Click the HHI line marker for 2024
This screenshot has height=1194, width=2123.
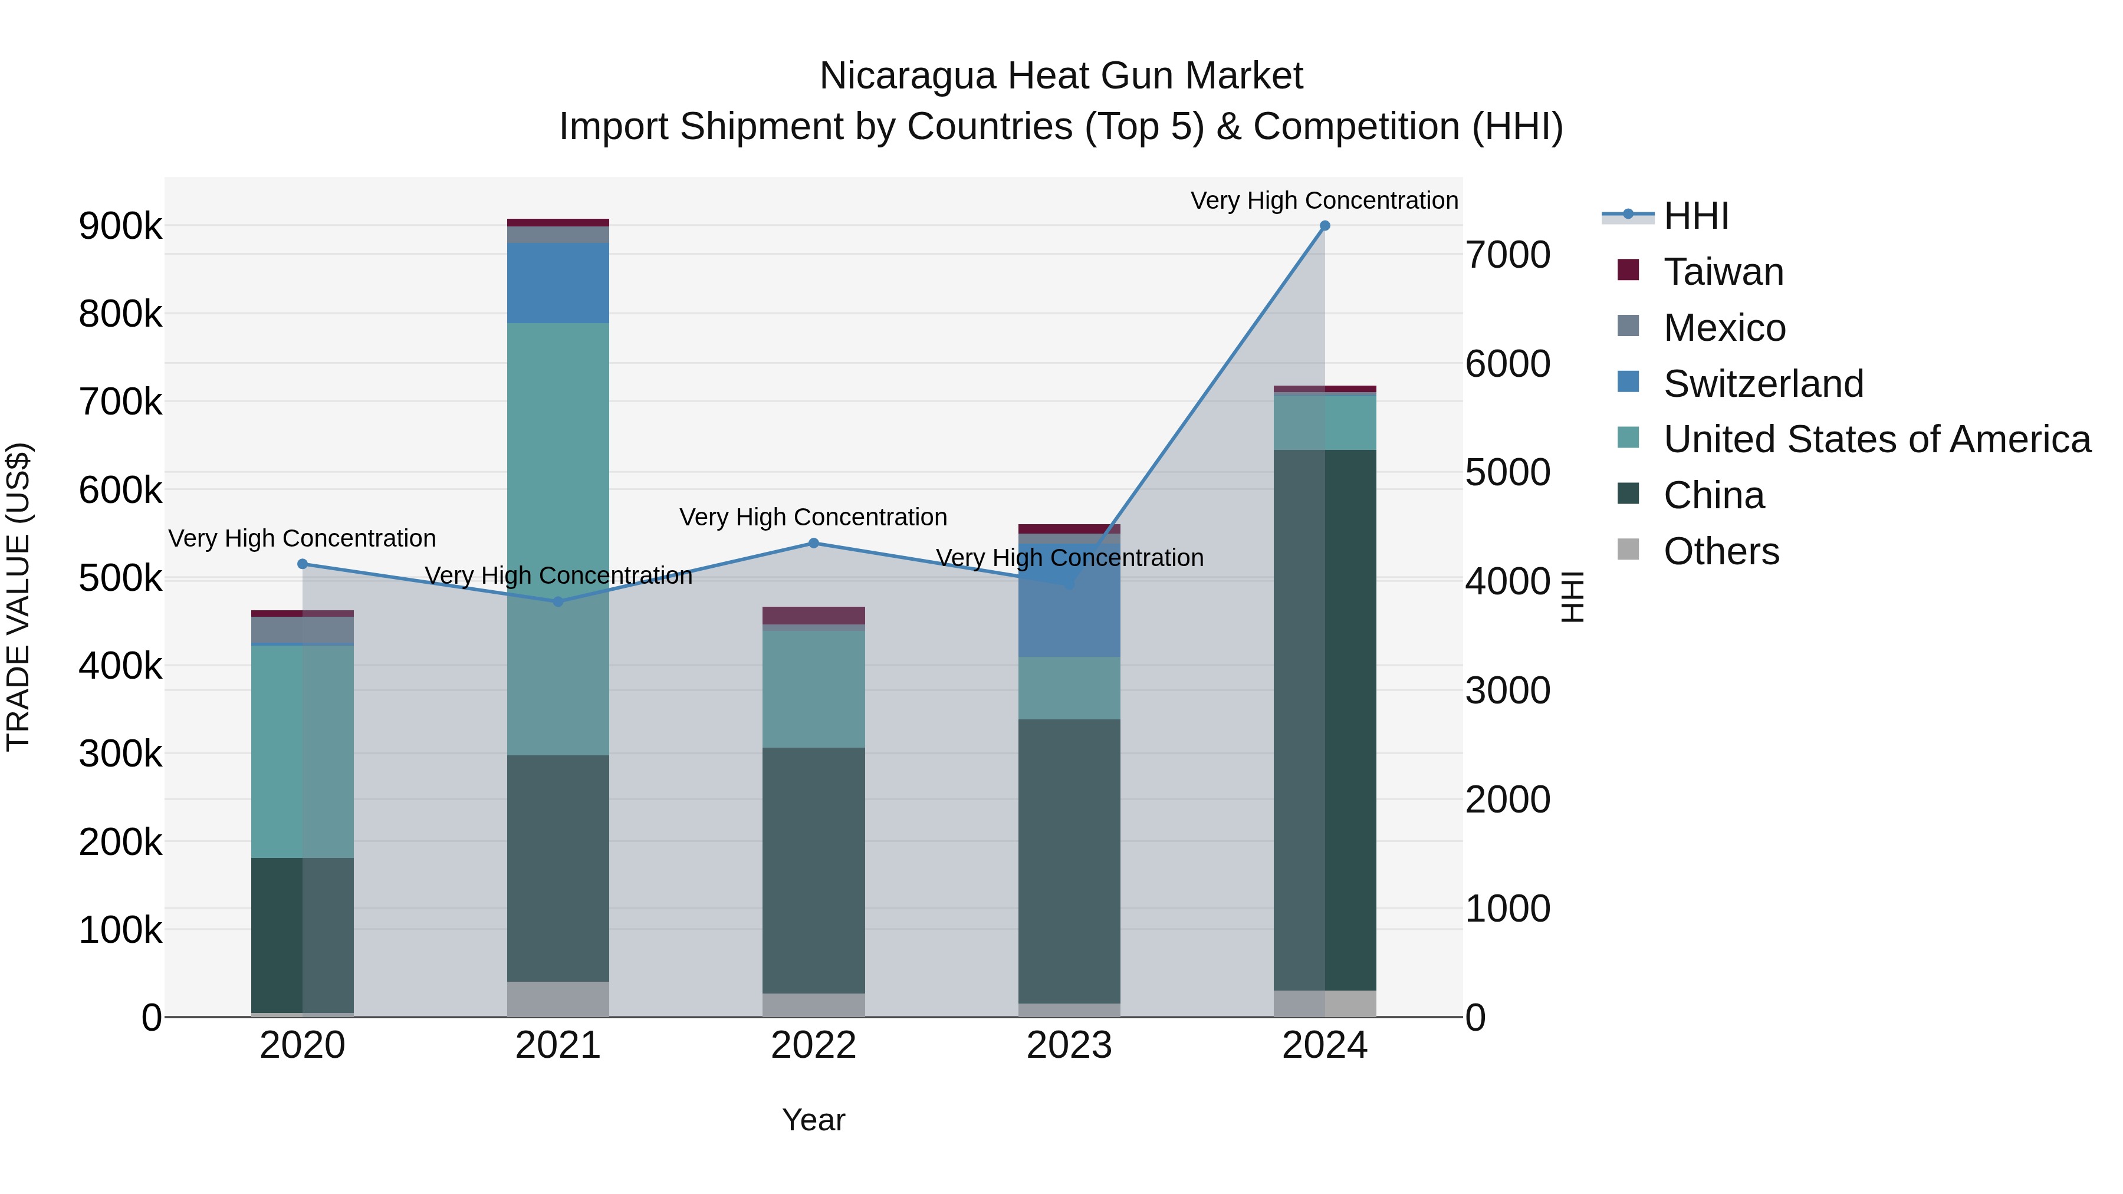click(1325, 226)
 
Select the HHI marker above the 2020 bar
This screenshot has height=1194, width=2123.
click(303, 564)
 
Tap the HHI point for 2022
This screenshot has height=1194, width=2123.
click(813, 543)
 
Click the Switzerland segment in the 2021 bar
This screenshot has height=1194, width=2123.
click(558, 282)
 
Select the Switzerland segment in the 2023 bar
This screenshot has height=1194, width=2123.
click(1069, 610)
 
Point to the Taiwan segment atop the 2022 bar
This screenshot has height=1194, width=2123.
click(813, 616)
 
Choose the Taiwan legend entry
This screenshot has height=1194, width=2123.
click(1723, 272)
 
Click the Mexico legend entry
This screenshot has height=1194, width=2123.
click(1724, 328)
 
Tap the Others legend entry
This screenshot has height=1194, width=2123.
click(1721, 551)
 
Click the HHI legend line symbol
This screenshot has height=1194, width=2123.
click(1628, 215)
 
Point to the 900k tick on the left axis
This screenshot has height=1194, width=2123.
click(120, 226)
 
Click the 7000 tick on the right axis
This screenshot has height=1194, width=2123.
click(1507, 255)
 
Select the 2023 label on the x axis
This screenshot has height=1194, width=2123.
click(1069, 1045)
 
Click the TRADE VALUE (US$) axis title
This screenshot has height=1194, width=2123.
click(18, 597)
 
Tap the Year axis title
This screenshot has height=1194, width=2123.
click(813, 1120)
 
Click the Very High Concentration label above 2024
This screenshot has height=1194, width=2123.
click(1325, 200)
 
